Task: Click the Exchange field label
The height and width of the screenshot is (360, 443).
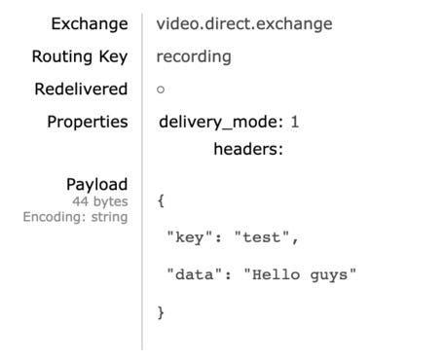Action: pos(90,24)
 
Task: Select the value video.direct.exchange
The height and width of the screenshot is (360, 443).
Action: pos(244,23)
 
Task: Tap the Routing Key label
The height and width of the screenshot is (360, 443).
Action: pos(80,57)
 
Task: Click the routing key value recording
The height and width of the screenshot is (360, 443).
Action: pos(194,57)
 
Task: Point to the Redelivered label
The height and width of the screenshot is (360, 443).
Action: pos(81,89)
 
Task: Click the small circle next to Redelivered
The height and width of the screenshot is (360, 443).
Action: pos(161,90)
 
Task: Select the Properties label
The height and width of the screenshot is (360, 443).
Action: pos(88,123)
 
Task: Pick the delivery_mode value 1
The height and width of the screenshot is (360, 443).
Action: pos(295,122)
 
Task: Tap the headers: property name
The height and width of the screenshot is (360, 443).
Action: pos(248,149)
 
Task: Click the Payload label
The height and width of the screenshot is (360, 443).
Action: pos(97,185)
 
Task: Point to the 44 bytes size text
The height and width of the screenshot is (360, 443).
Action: pos(100,201)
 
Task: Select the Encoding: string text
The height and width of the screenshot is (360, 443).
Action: pos(76,217)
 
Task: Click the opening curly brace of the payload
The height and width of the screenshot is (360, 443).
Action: pos(161,200)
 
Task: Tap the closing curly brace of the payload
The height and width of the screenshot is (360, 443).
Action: pos(161,312)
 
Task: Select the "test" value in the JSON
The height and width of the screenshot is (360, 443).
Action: pos(262,237)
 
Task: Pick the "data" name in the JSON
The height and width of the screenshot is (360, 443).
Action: pos(195,274)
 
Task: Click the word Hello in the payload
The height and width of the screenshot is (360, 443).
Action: pos(276,274)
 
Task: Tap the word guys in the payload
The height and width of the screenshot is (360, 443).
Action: pos(329,275)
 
